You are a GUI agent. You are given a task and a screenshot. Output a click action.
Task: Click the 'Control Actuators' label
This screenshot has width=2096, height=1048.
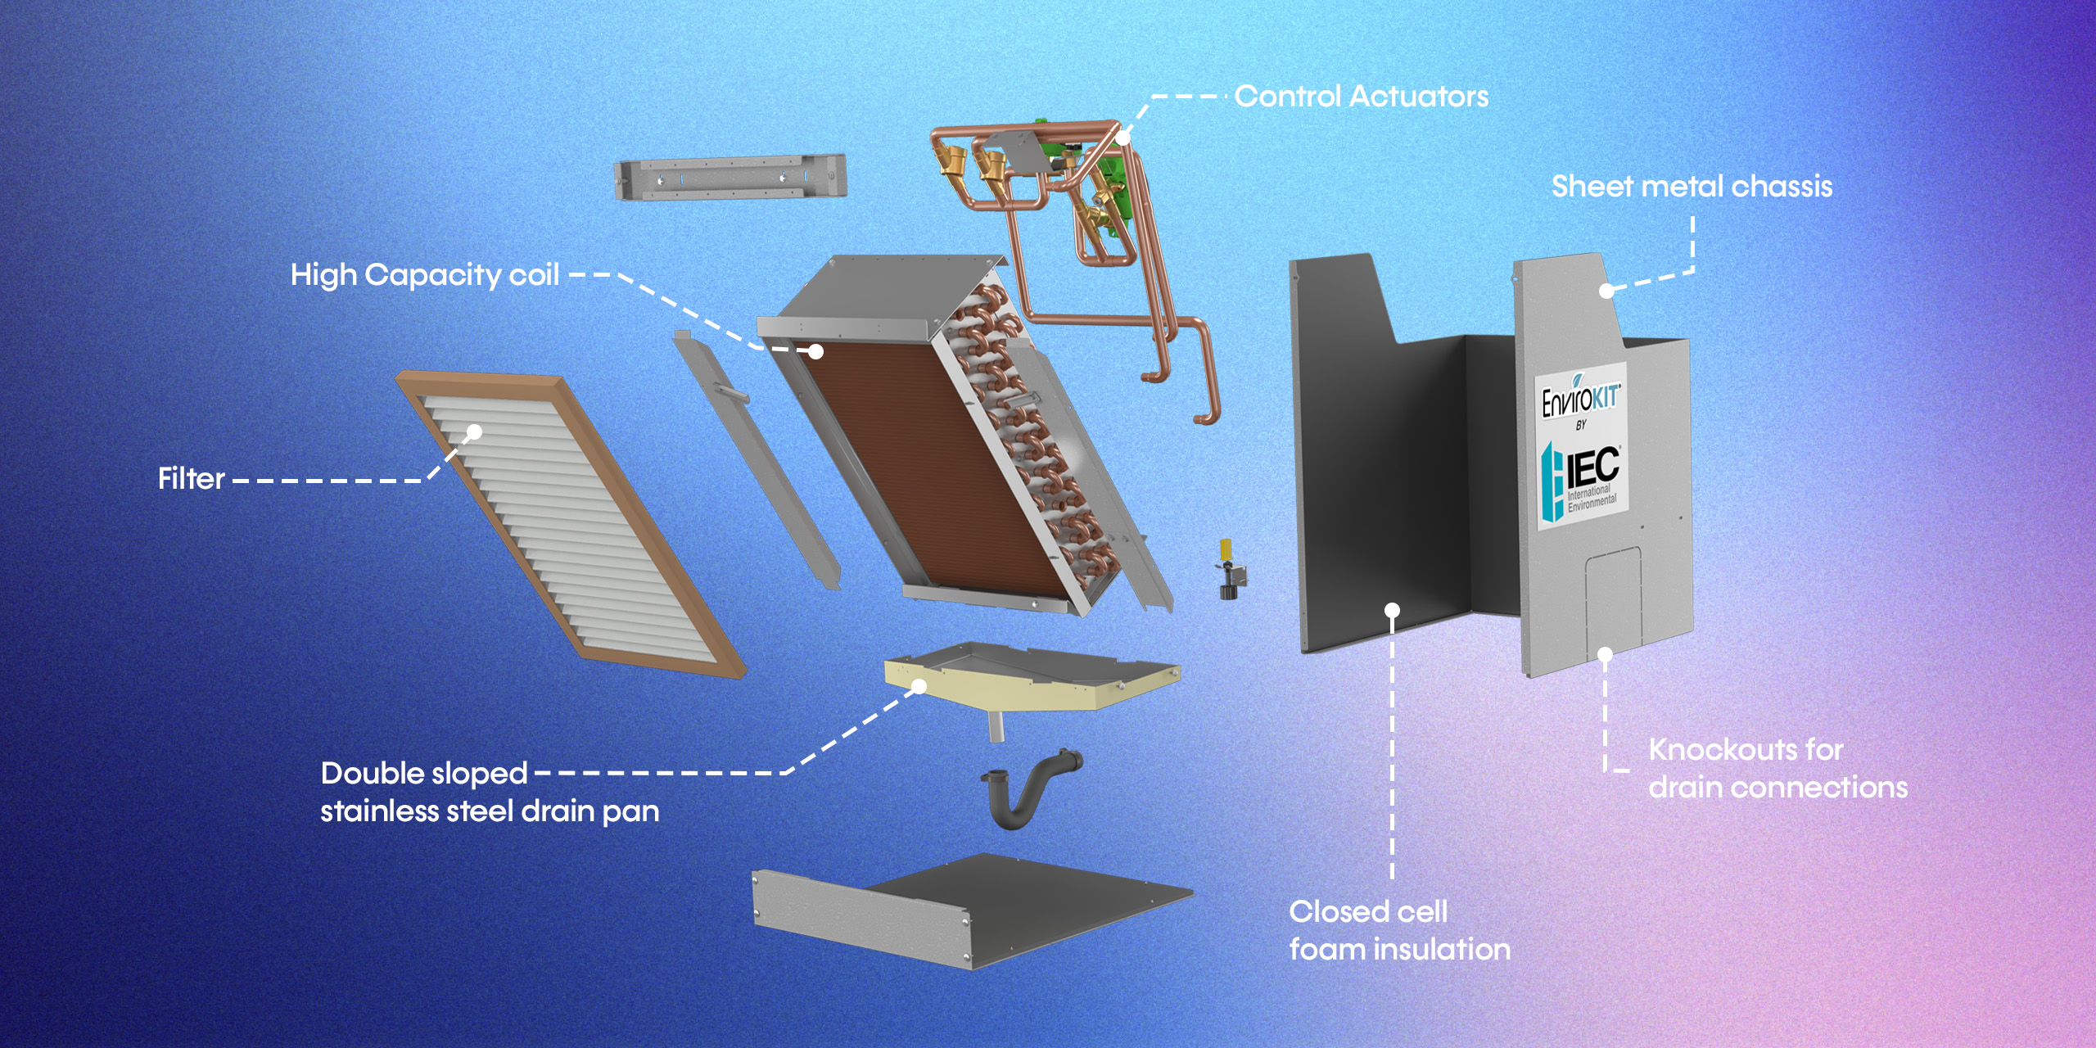[1361, 97]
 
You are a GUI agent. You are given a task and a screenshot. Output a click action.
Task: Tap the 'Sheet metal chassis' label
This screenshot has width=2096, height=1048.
[1692, 187]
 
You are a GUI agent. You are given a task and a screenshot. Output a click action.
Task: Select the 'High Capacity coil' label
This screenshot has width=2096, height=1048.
[425, 275]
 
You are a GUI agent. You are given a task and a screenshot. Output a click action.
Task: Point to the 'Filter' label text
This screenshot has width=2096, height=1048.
[192, 479]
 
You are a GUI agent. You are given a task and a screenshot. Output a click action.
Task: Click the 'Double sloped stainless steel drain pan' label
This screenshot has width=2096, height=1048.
[489, 792]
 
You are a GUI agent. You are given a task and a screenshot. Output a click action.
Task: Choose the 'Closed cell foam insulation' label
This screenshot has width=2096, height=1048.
[1399, 930]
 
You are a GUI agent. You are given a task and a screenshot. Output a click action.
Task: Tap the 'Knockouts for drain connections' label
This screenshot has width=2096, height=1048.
[1778, 768]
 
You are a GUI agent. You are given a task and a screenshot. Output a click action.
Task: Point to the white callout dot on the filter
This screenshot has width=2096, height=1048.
[475, 431]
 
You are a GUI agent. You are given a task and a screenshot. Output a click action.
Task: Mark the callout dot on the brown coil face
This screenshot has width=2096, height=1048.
[815, 351]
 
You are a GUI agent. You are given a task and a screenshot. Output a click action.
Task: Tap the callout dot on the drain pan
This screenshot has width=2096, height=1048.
[919, 686]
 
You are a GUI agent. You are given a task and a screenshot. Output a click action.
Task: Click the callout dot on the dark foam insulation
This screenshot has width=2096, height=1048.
[1392, 610]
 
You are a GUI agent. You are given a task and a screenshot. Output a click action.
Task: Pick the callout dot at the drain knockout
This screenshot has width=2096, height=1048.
[1605, 654]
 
